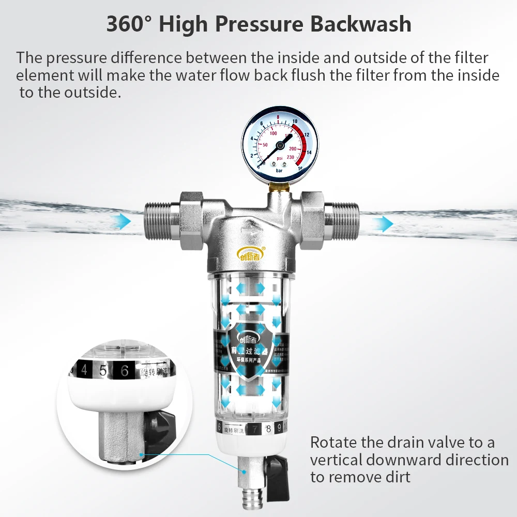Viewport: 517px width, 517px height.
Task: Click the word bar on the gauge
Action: coord(280,170)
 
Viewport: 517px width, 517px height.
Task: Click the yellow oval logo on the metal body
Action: coord(251,253)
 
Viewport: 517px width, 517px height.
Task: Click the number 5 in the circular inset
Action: coord(103,370)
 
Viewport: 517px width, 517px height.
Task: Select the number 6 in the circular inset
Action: coord(124,370)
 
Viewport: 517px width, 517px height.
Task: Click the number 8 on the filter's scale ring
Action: coord(268,429)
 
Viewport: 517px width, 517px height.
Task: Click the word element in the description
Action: coord(44,75)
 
